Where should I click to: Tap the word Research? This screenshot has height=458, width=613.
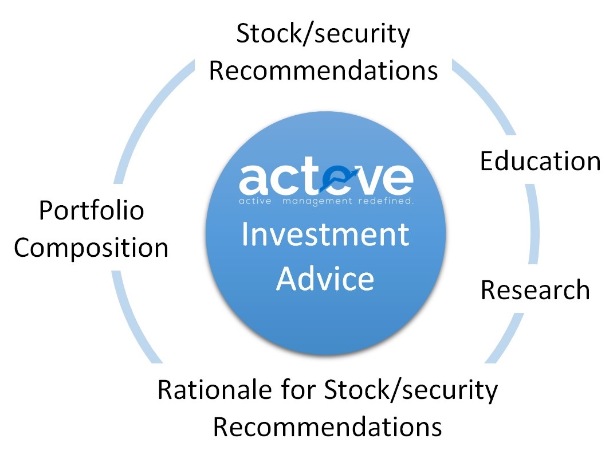click(535, 290)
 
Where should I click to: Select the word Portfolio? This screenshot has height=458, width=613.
click(92, 210)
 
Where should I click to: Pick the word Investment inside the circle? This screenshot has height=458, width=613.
click(325, 234)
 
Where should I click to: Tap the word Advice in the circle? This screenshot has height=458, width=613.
click(325, 279)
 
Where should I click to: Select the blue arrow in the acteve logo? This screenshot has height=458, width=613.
click(339, 180)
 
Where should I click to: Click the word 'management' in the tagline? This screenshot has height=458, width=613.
click(317, 201)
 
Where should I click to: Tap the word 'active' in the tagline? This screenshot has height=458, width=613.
click(255, 201)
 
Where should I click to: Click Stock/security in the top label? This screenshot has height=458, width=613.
click(323, 34)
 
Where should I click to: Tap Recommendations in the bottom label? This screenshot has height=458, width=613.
click(328, 426)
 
